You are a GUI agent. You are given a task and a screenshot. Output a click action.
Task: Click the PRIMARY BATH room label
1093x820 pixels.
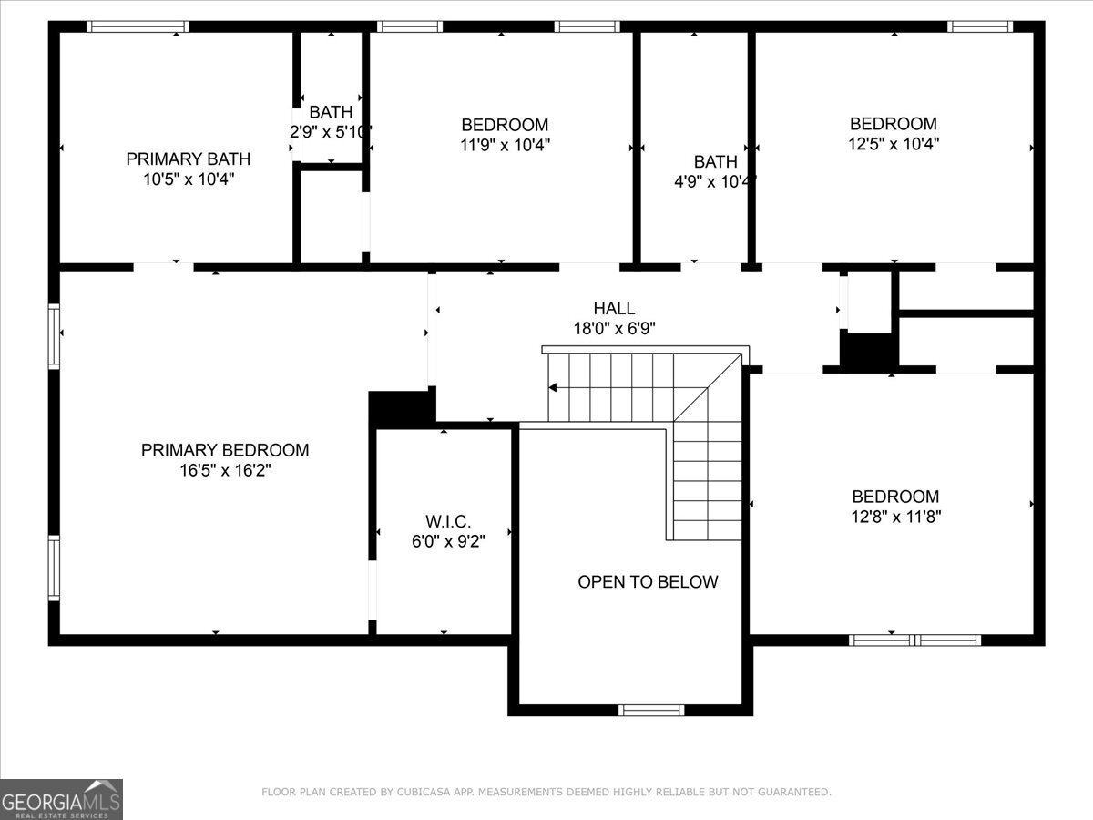[189, 159]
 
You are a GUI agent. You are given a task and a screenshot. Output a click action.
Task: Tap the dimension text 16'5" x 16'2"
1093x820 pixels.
[225, 470]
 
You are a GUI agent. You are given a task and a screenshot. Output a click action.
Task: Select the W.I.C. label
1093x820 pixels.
[448, 521]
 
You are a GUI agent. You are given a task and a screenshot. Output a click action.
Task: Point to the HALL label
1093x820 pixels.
[614, 308]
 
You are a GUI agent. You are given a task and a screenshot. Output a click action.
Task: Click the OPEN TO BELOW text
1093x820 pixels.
[648, 581]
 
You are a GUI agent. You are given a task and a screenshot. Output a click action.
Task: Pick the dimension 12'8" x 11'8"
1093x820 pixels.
[896, 517]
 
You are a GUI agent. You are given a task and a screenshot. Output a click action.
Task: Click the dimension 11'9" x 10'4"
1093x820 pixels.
[505, 145]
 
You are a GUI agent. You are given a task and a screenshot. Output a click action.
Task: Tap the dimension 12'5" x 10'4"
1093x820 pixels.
[894, 144]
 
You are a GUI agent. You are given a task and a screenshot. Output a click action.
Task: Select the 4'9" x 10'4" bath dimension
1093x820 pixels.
[715, 182]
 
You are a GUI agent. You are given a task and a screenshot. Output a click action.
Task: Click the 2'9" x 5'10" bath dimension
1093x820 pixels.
[331, 132]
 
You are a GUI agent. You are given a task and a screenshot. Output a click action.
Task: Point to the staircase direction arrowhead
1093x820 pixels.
[552, 387]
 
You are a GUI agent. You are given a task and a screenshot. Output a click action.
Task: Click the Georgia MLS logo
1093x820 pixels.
[61, 800]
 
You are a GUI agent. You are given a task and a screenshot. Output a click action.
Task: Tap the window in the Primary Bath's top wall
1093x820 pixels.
[138, 27]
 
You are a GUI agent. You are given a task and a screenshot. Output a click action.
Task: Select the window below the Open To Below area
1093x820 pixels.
[651, 710]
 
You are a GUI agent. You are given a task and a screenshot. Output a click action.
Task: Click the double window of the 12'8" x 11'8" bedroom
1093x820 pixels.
[914, 641]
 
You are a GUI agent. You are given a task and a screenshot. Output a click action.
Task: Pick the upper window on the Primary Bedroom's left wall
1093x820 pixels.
[54, 336]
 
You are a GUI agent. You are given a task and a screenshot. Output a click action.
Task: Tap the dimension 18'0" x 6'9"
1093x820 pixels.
[614, 329]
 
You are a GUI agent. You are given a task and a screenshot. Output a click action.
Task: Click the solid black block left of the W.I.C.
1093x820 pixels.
[402, 408]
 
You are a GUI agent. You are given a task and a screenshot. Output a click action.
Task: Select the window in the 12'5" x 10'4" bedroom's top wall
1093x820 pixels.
[979, 27]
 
